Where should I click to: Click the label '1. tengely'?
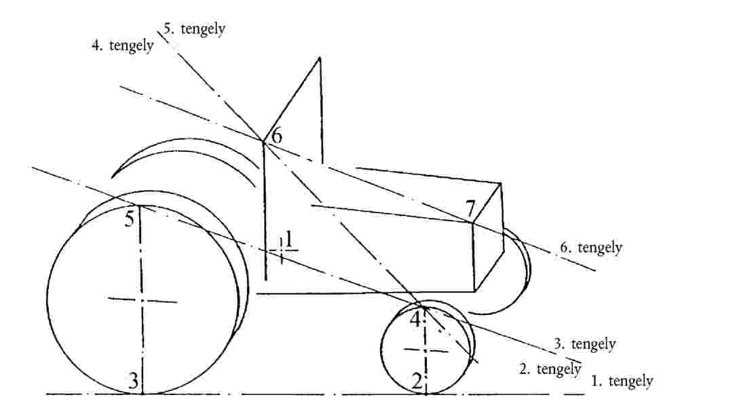pos(622,381)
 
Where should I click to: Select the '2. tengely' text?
pos(550,369)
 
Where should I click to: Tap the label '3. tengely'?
pos(584,343)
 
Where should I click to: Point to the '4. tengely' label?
pos(123,45)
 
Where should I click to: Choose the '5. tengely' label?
pos(194,29)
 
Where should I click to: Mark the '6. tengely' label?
pos(591,247)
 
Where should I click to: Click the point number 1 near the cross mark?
pos(289,239)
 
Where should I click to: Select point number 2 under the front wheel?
pos(417,381)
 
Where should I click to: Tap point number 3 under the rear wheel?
pos(134,380)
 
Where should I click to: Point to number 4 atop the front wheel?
pos(415,319)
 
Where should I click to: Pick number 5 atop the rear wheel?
pos(130,219)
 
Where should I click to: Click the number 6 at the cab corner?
pos(277,135)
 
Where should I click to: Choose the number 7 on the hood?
pos(470,208)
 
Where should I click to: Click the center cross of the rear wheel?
pos(141,300)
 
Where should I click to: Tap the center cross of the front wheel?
pos(425,350)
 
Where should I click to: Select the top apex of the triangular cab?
pos(320,58)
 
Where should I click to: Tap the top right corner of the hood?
pos(501,183)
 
